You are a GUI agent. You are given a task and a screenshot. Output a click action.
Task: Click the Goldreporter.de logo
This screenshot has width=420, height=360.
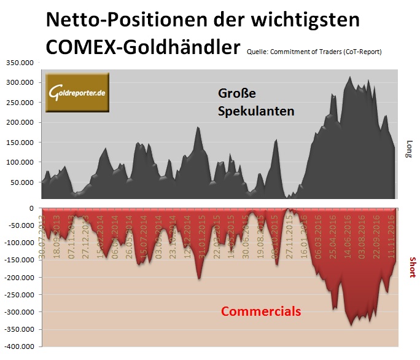click(77, 92)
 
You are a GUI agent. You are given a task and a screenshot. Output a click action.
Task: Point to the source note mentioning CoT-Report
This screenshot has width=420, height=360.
click(314, 52)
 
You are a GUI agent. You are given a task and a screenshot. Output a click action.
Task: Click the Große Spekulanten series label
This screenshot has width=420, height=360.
click(255, 103)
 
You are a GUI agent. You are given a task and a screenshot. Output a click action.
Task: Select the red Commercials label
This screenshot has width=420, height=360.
click(261, 311)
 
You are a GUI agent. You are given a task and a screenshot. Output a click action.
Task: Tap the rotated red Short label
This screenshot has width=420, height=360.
click(411, 267)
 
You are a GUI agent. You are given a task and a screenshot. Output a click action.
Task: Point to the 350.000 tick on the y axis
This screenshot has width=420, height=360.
click(21, 62)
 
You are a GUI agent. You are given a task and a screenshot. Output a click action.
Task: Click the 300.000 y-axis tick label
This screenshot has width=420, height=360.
click(21, 82)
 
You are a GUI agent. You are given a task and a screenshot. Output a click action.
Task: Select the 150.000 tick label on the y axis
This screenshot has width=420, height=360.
click(21, 143)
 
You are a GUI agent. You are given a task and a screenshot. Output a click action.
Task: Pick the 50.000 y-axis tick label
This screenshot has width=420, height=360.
click(23, 182)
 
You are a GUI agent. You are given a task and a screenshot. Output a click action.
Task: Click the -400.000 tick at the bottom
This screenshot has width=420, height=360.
click(20, 347)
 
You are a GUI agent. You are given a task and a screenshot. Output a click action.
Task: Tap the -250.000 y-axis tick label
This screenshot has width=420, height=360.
click(20, 295)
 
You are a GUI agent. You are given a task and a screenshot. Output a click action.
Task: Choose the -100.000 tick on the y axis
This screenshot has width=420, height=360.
click(20, 243)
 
